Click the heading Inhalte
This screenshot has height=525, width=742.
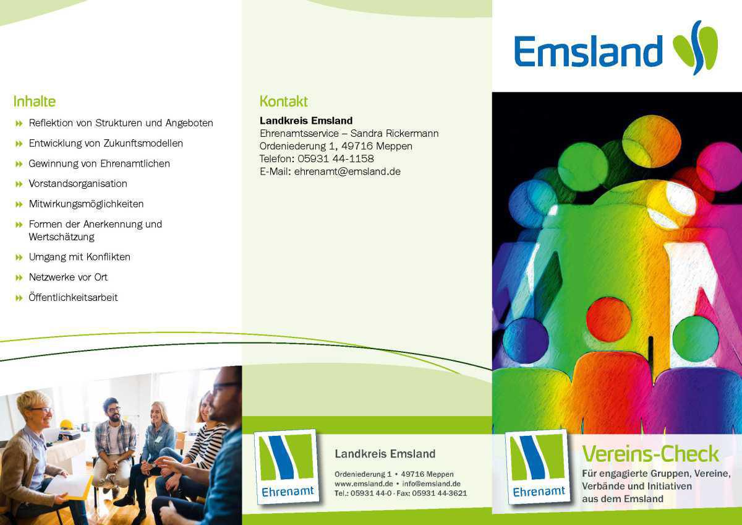coord(35,101)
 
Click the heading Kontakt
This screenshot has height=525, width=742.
coord(283,101)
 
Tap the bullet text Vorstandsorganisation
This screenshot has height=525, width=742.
coord(78,183)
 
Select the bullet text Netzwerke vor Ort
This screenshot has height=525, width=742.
coord(68,277)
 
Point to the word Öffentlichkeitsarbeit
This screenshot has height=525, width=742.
coord(73,297)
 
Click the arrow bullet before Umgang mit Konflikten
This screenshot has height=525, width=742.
coord(19,257)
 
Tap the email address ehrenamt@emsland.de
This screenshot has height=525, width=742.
coord(347,171)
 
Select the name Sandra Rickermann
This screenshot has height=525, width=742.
coord(394,133)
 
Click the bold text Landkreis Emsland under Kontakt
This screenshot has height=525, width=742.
coord(306,120)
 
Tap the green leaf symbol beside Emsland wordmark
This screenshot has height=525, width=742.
coord(696,48)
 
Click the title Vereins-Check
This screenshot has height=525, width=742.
coord(650,454)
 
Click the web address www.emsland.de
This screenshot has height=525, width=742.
coord(364,484)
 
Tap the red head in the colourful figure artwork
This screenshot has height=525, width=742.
coord(608,319)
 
